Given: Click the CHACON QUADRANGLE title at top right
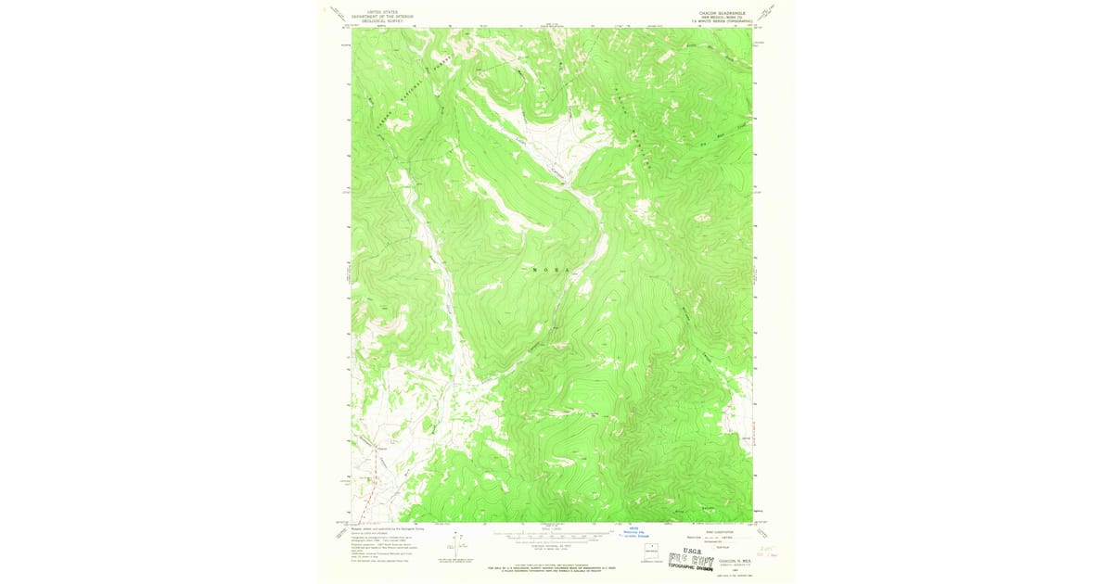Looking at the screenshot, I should tap(722, 13).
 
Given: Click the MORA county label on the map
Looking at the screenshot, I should tap(552, 270).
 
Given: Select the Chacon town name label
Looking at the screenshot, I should tap(381, 449).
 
